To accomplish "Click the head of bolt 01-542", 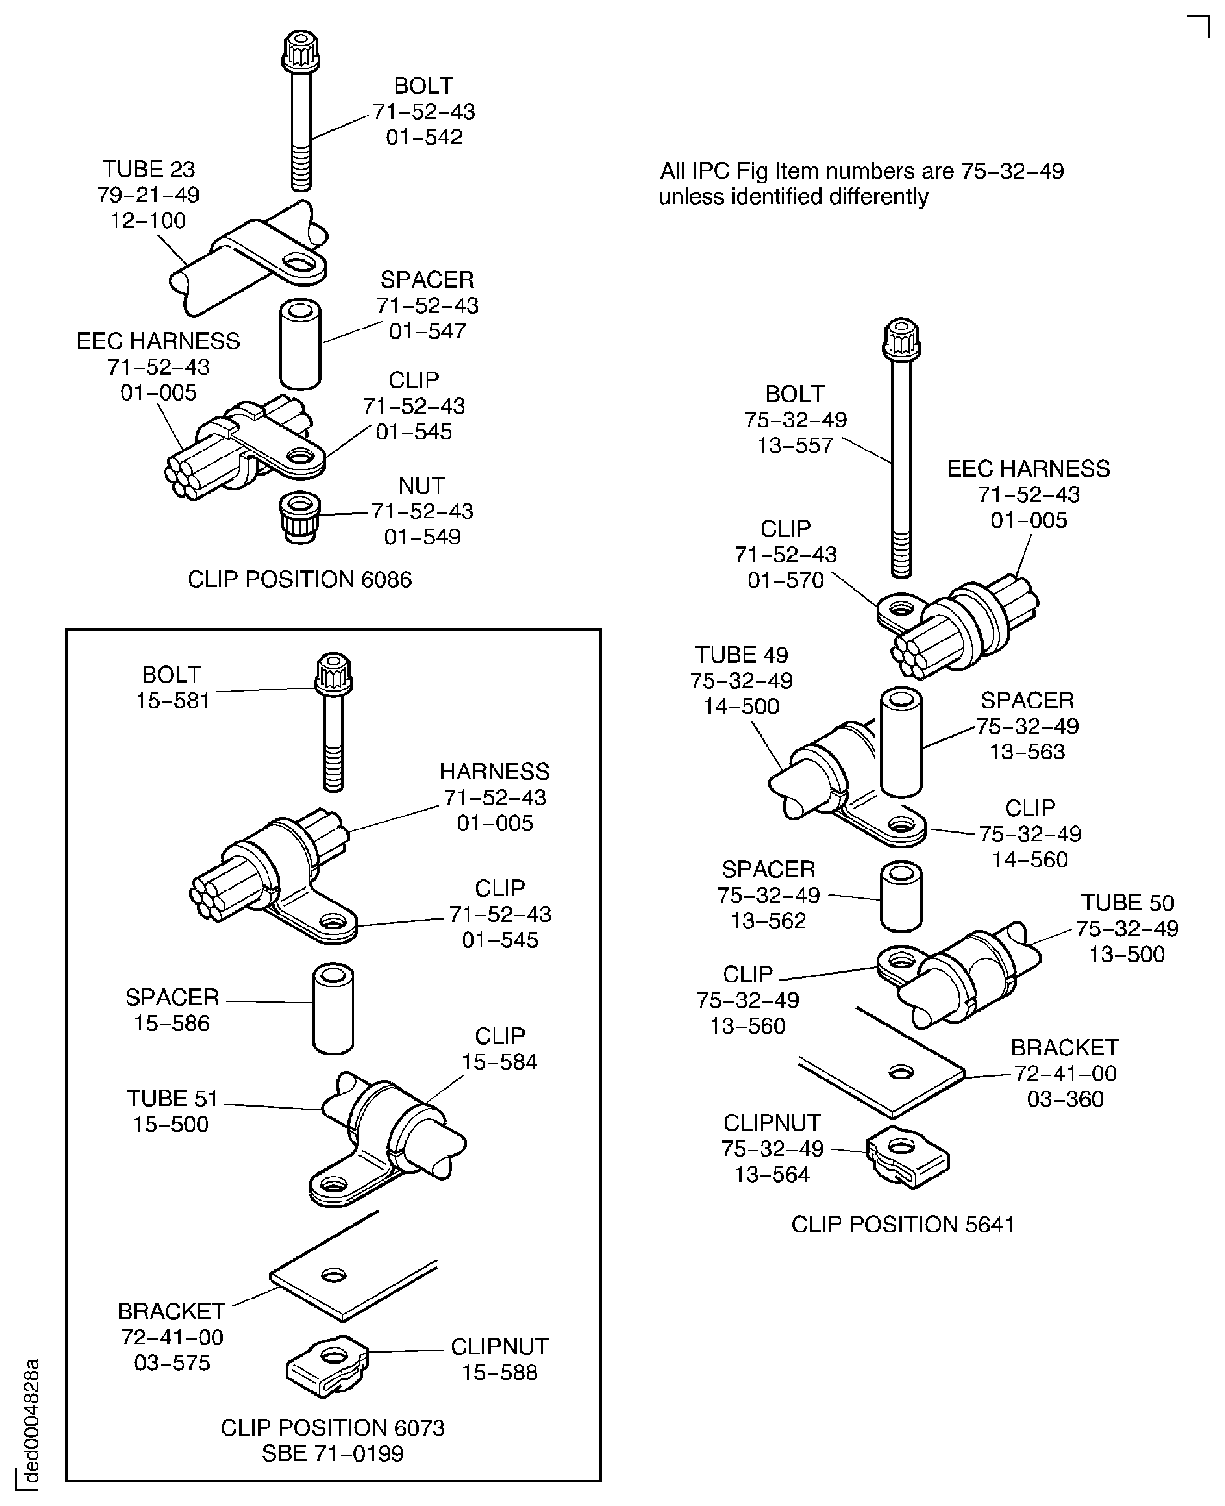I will coord(301,51).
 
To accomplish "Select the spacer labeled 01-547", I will coord(301,344).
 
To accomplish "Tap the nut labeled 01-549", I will coord(300,517).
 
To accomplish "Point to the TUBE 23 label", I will coord(148,170).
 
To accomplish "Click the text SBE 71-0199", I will coord(332,1453).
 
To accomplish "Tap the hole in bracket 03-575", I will coord(333,1275).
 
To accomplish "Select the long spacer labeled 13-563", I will coord(901,743).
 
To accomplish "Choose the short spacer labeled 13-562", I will coord(901,896).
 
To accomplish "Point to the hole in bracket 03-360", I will coord(901,1073).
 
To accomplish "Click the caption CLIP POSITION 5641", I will coord(902,1225).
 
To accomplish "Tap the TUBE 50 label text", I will coord(1127,903).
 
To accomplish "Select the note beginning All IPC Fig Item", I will coord(861,183).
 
